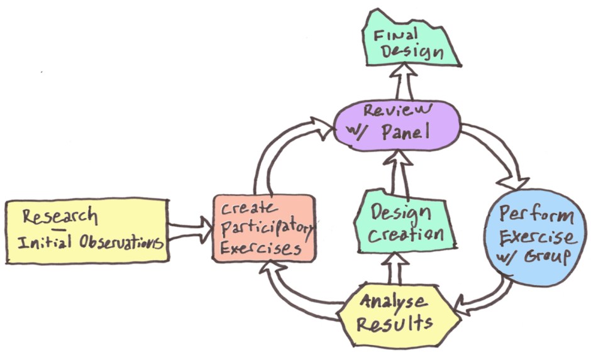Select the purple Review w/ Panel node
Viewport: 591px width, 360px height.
pyautogui.click(x=396, y=125)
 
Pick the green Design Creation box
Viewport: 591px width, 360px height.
pyautogui.click(x=403, y=223)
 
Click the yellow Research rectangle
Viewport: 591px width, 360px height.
pyautogui.click(x=86, y=230)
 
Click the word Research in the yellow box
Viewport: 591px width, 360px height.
pyautogui.click(x=60, y=216)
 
